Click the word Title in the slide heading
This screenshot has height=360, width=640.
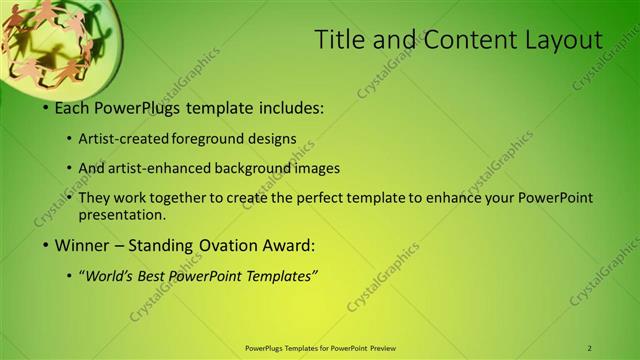point(339,40)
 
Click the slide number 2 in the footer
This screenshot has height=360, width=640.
point(590,348)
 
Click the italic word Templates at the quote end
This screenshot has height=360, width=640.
point(284,276)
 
